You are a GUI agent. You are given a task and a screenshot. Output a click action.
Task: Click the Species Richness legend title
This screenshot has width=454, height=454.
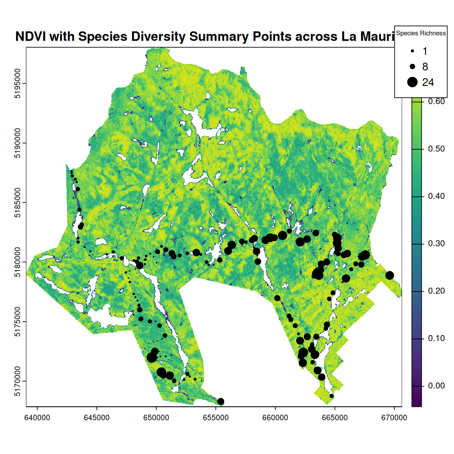tap(421, 33)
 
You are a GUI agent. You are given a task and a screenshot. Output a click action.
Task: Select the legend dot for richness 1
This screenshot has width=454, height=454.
tap(412, 51)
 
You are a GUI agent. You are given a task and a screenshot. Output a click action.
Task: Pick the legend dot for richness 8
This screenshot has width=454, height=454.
tap(412, 67)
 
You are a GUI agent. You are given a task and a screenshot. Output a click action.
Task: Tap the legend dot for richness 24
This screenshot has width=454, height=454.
tap(412, 82)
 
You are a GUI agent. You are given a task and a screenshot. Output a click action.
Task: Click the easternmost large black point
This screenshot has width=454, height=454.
tap(390, 275)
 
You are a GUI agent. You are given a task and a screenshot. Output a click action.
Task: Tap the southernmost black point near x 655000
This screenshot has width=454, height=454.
tap(221, 401)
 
